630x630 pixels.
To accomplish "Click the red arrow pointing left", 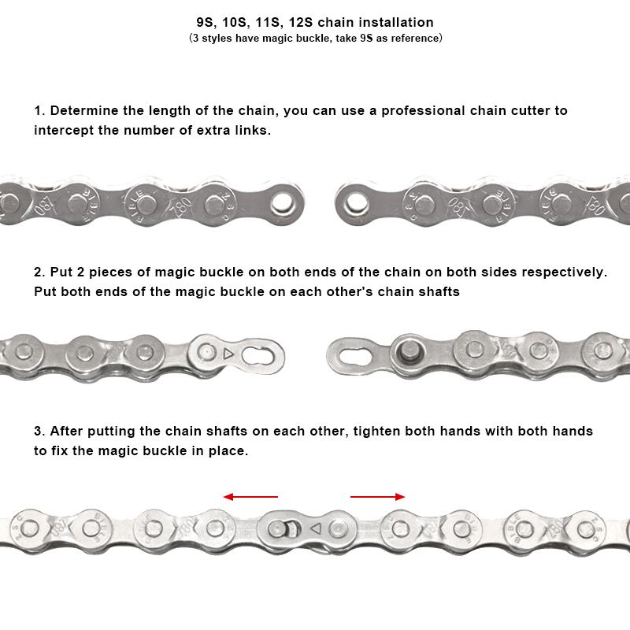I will coord(250,497).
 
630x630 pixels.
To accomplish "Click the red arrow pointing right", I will coord(378,497).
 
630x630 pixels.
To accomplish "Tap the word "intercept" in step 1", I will coord(64,130).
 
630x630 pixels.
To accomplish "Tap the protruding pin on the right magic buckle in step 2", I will coord(407,347).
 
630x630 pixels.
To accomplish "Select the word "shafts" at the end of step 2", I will coord(439,291).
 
